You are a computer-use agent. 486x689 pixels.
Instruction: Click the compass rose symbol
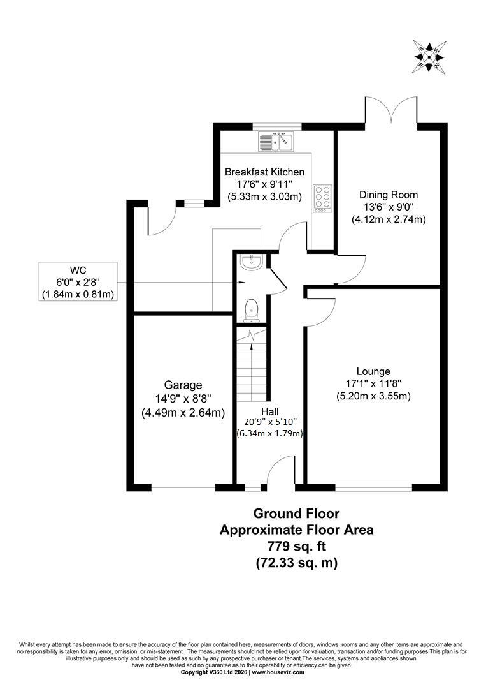click(x=430, y=57)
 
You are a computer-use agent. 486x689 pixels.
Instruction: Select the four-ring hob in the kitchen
click(x=322, y=198)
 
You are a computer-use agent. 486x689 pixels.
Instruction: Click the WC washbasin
click(x=252, y=262)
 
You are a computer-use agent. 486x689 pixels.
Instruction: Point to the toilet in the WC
click(x=252, y=308)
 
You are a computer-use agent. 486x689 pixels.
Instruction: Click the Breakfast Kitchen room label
click(x=264, y=172)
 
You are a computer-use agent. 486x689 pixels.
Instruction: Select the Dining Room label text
click(x=389, y=195)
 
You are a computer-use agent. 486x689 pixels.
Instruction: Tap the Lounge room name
click(x=373, y=372)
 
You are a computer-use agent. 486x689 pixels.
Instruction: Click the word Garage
click(x=183, y=385)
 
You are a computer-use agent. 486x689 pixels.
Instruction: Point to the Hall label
click(x=270, y=411)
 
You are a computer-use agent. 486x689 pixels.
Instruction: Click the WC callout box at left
click(x=78, y=281)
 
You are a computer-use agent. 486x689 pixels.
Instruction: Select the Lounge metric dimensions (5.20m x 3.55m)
click(x=373, y=396)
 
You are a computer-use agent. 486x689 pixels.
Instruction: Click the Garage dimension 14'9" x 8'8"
click(x=183, y=399)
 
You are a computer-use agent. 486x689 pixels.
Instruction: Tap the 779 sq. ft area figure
click(x=297, y=546)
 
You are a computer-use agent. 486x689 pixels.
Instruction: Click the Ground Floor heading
click(x=297, y=513)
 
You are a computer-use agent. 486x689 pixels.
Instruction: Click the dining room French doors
click(x=391, y=111)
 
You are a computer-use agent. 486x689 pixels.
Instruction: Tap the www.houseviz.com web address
click(x=278, y=672)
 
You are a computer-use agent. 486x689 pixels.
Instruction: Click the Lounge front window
click(x=374, y=487)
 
